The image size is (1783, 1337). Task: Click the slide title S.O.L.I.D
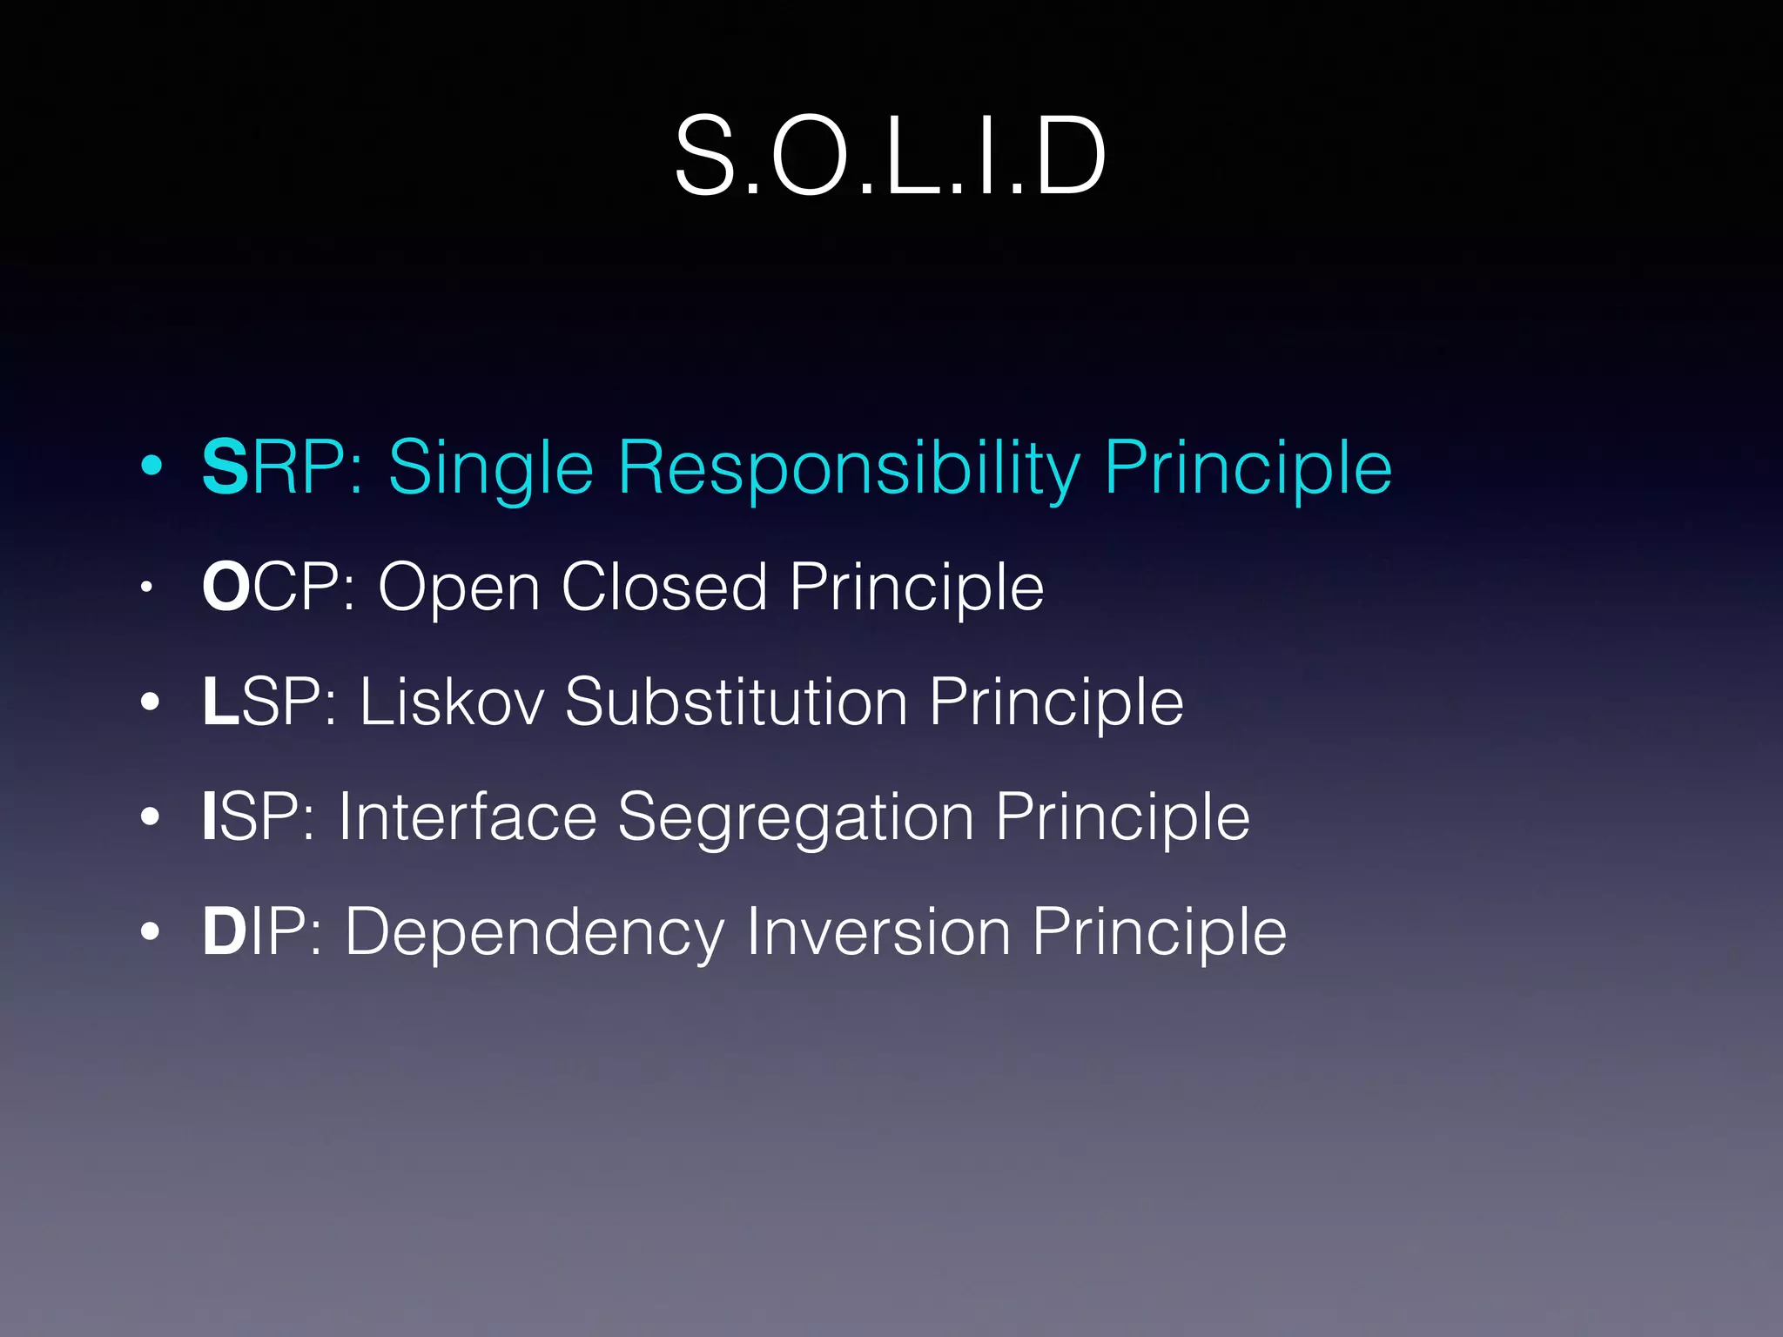[890, 157]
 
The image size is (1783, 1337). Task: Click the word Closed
[664, 587]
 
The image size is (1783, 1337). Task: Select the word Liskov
[452, 702]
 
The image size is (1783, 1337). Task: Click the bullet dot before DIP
[151, 932]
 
